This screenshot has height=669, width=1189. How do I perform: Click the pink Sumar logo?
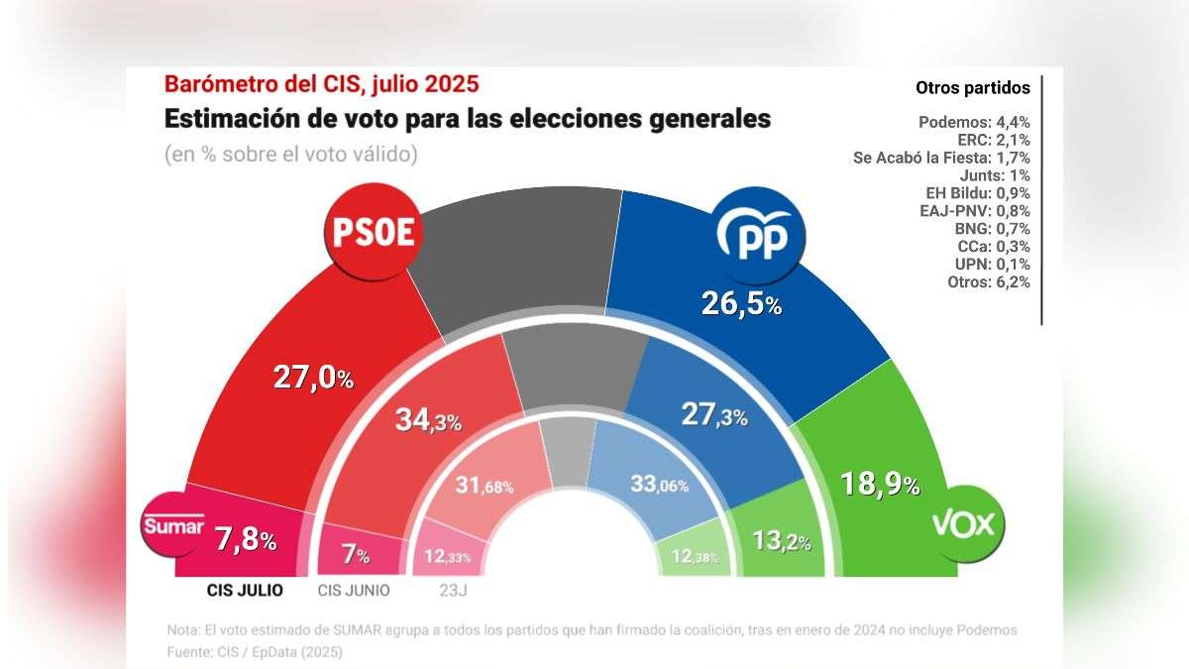pos(173,526)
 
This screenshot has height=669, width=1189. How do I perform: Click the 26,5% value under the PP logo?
pos(742,303)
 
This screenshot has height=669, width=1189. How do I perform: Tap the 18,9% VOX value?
pos(880,484)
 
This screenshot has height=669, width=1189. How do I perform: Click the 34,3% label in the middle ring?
pos(429,419)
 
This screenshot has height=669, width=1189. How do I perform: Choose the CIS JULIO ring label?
pos(245,590)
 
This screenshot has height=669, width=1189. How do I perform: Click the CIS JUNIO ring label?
pos(354,590)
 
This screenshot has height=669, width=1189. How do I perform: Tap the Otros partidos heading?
pos(972,88)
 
